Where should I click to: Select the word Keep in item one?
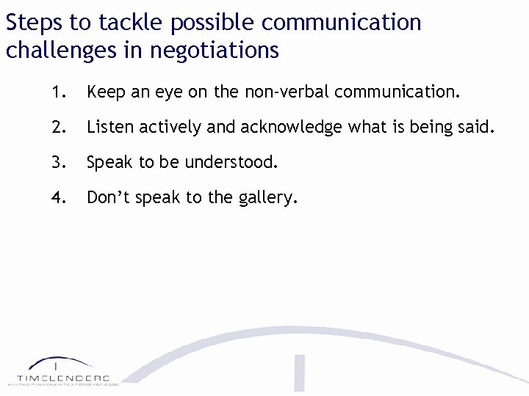[105, 93]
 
